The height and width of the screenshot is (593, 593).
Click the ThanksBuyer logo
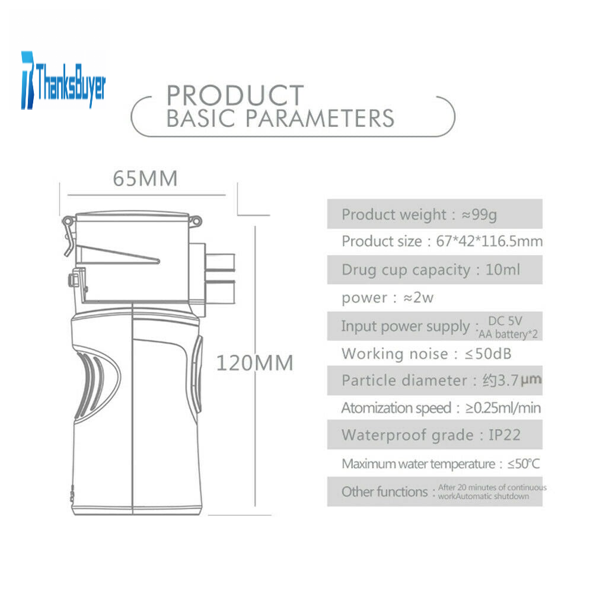(63, 80)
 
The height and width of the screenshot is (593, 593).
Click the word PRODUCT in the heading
(235, 95)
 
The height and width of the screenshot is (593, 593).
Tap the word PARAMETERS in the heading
(320, 118)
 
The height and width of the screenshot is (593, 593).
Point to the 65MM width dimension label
(145, 178)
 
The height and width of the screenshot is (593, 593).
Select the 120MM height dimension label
(254, 363)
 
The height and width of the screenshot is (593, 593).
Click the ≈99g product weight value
(479, 215)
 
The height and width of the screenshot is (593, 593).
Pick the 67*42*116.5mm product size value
(489, 241)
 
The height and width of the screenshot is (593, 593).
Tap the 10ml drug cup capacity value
(503, 270)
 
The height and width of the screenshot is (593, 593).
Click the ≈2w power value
(418, 298)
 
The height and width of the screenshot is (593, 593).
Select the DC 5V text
(505, 321)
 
